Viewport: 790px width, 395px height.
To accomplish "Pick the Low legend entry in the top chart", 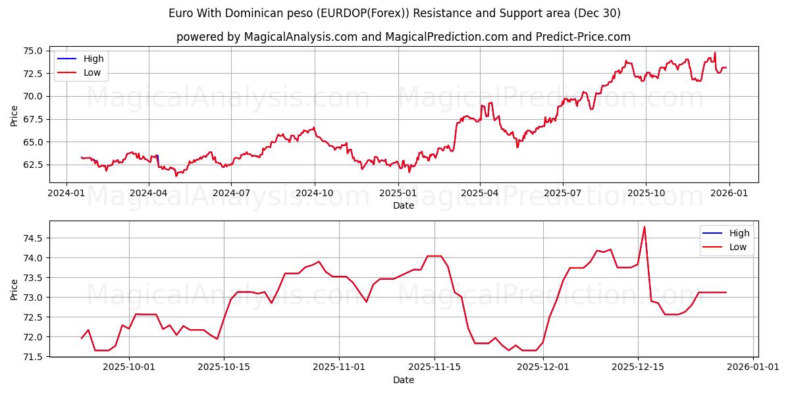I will (x=92, y=72).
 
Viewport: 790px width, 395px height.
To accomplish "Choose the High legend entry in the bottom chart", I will (x=739, y=233).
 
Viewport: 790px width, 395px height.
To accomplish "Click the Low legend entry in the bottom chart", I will (x=738, y=247).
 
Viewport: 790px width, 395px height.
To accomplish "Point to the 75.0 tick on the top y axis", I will (x=32, y=51).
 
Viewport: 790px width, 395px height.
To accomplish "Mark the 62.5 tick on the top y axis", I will (x=32, y=165).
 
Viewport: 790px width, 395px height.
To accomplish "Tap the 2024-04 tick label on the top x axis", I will (x=148, y=194).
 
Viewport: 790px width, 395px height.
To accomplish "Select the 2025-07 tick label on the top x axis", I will (x=562, y=194).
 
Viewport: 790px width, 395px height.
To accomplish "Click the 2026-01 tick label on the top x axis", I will (x=728, y=194).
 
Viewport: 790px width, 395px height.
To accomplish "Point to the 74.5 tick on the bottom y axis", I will (x=32, y=238).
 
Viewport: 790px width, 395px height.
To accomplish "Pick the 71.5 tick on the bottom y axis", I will (x=32, y=357).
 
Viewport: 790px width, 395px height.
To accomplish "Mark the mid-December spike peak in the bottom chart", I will (x=645, y=227).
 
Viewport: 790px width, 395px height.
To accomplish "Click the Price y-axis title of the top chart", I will (x=14, y=117).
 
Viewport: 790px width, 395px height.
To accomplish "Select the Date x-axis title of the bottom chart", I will (x=404, y=380).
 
